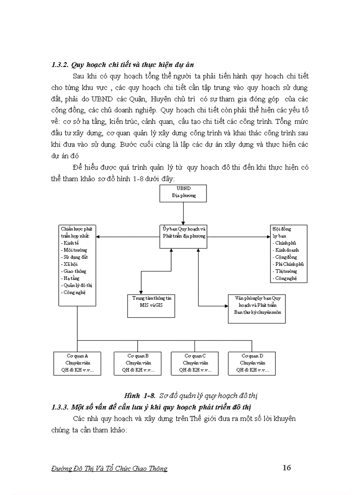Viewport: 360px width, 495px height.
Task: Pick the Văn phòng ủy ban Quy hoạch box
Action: pyautogui.click(x=258, y=309)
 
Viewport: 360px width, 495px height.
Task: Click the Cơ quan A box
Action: pyautogui.click(x=77, y=363)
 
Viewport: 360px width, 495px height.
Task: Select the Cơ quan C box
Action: pyautogui.click(x=195, y=363)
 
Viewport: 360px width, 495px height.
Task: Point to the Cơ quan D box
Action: pyautogui.click(x=252, y=363)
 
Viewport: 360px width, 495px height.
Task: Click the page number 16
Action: pyautogui.click(x=287, y=468)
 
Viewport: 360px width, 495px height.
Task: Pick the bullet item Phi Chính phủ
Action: pyautogui.click(x=289, y=264)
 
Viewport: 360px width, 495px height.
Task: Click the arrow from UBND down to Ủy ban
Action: pyautogui.click(x=183, y=213)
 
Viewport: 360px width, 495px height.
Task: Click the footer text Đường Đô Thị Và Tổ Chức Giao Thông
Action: pyautogui.click(x=109, y=469)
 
